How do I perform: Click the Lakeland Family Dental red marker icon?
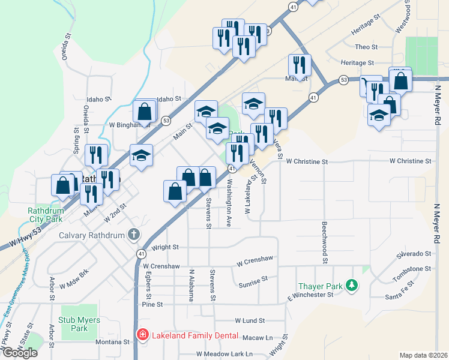[143, 335]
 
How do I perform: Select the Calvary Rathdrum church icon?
[133, 234]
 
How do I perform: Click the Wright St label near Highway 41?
[166, 247]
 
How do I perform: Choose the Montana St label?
[113, 342]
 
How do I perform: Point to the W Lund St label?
[250, 322]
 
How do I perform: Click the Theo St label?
[366, 47]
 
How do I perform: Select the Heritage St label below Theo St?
[357, 62]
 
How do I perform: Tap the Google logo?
[20, 353]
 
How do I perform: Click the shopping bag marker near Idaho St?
[144, 110]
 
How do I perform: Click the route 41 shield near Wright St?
[140, 254]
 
